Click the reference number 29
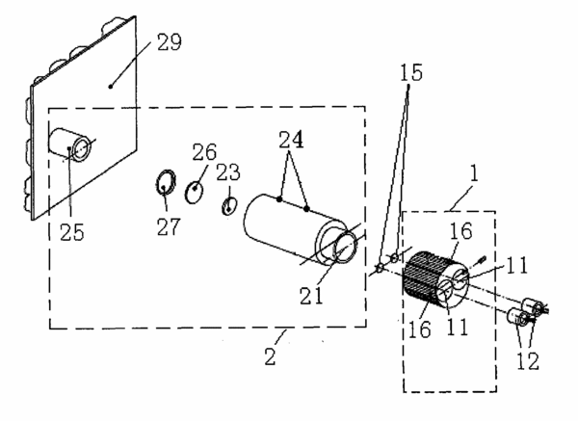[170, 42]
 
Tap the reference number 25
[72, 232]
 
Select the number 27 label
[169, 226]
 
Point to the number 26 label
[204, 152]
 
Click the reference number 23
[227, 172]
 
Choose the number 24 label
[291, 140]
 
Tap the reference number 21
[311, 296]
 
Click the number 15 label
[411, 72]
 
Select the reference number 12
[528, 361]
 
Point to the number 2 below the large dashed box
[270, 356]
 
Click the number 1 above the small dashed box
[474, 173]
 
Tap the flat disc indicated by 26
[194, 192]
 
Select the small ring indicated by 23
[229, 206]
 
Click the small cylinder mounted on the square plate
[69, 145]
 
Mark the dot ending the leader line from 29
[110, 87]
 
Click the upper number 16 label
[460, 231]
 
